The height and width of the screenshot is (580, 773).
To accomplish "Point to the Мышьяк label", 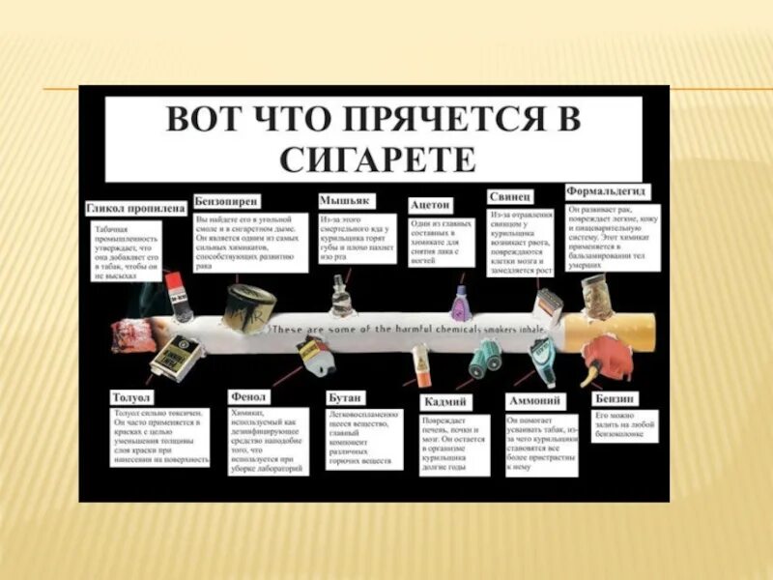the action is point(343,201).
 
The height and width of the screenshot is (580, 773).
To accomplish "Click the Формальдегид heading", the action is point(606,191).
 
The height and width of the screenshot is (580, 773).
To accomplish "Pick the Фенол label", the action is point(249,396).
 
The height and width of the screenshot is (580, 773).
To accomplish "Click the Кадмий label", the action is point(445,401).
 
